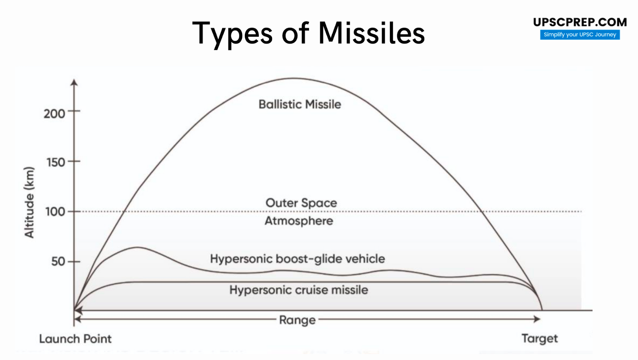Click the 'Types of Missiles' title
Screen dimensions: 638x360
click(308, 33)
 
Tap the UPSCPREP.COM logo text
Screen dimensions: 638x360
click(580, 22)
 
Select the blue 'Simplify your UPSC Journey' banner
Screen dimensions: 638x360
click(580, 35)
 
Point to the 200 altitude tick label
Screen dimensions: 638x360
click(54, 114)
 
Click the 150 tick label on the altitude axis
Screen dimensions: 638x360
click(56, 163)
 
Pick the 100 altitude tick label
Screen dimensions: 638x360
click(55, 212)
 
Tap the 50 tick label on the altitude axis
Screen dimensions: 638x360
click(58, 262)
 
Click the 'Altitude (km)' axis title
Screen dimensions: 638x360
click(29, 202)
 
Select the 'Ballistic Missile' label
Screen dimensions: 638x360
click(300, 104)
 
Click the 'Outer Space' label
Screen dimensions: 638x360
click(301, 203)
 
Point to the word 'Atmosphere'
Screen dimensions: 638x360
click(299, 221)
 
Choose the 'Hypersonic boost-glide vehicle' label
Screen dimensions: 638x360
click(297, 259)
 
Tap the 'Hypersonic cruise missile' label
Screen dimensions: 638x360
click(299, 290)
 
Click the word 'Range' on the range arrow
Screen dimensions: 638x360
click(297, 320)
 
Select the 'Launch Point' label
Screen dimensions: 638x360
click(75, 339)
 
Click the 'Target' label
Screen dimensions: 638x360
click(540, 338)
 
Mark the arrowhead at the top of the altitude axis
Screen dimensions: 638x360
click(74, 83)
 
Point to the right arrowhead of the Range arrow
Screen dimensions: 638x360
click(537, 319)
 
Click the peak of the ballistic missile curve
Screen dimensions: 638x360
click(294, 79)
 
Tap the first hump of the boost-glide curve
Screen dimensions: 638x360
click(137, 248)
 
